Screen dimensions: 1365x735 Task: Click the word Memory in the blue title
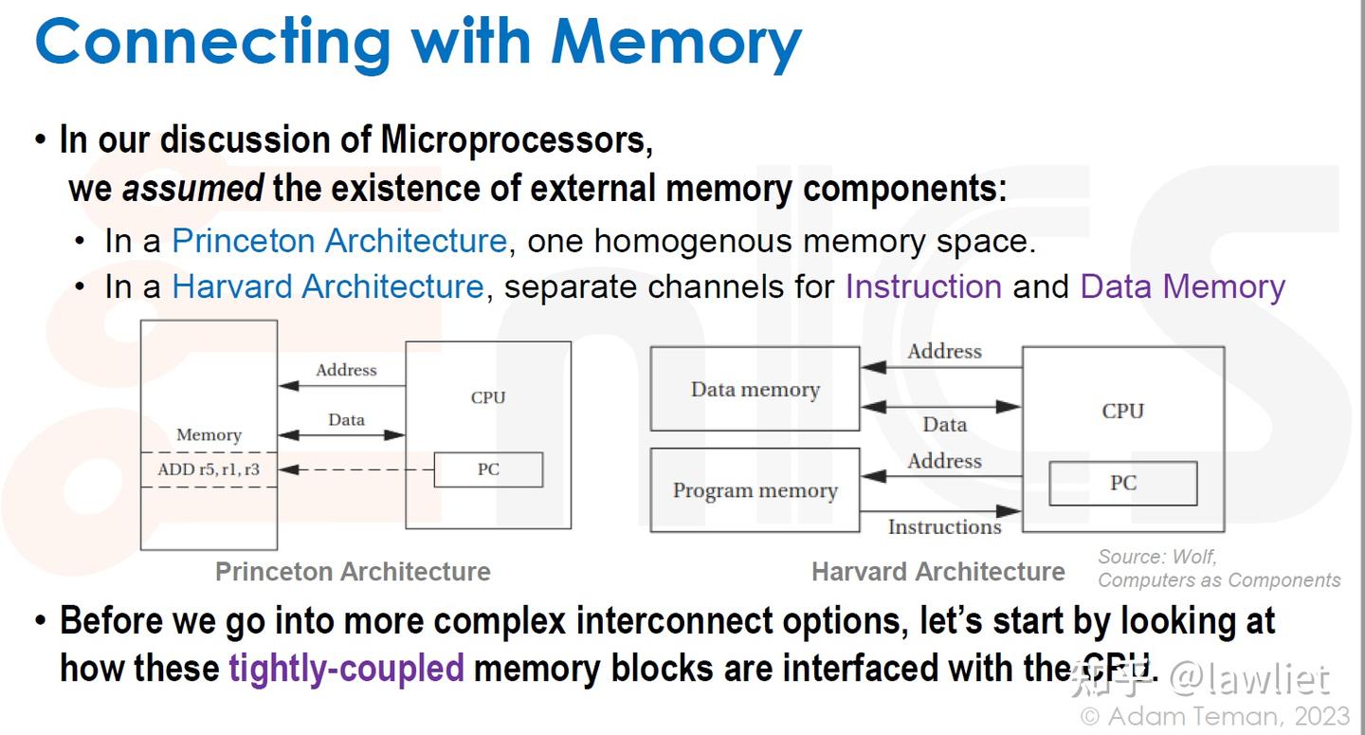click(676, 44)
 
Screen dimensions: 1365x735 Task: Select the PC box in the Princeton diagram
click(488, 469)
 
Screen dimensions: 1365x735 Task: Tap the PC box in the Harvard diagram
click(1123, 484)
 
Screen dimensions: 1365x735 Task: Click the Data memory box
click(755, 389)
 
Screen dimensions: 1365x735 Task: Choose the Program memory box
click(755, 490)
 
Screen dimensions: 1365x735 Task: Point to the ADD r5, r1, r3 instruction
click(209, 469)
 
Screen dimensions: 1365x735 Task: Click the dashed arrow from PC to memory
click(355, 469)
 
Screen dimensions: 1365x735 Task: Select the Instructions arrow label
click(944, 526)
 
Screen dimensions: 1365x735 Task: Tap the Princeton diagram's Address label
click(346, 370)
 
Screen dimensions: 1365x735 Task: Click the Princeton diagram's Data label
click(346, 420)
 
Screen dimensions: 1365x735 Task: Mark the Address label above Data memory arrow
click(944, 352)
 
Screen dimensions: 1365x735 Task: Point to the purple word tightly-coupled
click(346, 669)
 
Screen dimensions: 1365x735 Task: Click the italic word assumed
click(192, 188)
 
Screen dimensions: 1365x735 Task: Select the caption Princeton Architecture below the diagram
click(353, 572)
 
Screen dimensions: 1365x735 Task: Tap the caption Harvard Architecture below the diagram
click(938, 572)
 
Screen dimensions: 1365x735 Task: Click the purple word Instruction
click(923, 286)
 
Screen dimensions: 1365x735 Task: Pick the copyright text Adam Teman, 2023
click(1215, 717)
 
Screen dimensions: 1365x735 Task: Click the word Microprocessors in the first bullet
click(516, 139)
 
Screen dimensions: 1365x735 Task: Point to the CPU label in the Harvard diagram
click(1123, 412)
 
